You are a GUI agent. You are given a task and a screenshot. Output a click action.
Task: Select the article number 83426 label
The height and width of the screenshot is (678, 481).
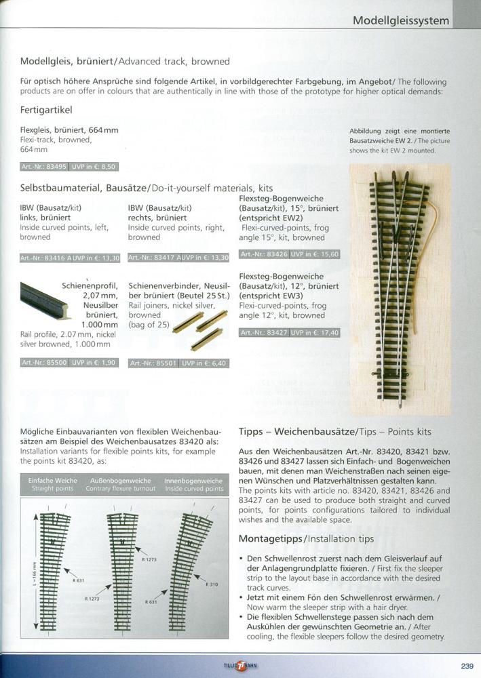264,254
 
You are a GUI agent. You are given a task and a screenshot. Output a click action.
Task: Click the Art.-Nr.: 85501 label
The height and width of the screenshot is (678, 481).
153,363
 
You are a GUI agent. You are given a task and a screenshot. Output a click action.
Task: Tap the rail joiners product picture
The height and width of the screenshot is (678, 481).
199,328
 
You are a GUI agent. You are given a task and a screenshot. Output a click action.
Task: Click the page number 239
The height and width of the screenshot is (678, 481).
467,666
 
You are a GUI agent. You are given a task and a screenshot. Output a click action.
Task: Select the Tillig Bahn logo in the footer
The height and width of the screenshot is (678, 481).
240,666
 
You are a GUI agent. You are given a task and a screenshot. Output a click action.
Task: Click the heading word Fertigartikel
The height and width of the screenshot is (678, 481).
46,109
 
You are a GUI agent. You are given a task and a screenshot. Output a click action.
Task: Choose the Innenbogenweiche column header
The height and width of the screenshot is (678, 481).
193,484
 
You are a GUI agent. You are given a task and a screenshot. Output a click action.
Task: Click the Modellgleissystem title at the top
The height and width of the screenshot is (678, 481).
401,21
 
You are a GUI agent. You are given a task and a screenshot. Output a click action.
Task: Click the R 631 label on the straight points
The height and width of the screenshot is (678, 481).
79,580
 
